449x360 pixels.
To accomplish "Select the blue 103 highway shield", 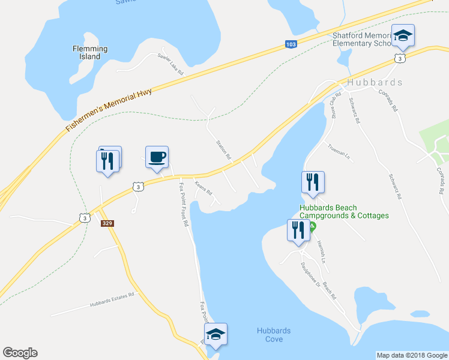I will pyautogui.click(x=291, y=44).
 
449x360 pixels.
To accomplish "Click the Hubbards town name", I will pyautogui.click(x=375, y=82).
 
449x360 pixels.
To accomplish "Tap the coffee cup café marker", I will pyautogui.click(x=157, y=158).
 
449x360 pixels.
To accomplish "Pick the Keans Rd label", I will pyautogui.click(x=203, y=188).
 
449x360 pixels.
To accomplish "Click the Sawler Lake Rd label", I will pyautogui.click(x=170, y=64).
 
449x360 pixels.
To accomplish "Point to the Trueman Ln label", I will pyautogui.click(x=338, y=152).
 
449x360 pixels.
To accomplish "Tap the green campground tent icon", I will pyautogui.click(x=312, y=227).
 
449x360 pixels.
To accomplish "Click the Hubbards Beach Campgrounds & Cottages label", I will pyautogui.click(x=344, y=212).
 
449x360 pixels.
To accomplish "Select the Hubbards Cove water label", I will pyautogui.click(x=273, y=335).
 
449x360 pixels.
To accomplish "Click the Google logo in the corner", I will pyautogui.click(x=19, y=353).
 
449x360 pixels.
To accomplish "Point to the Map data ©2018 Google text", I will pyautogui.click(x=411, y=355).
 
